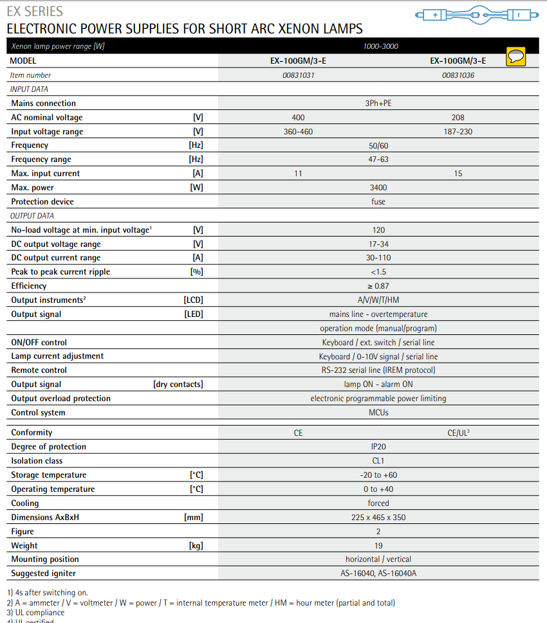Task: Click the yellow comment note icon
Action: pos(515,57)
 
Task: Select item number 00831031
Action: pos(298,75)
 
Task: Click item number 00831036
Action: pos(458,75)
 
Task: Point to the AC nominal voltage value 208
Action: pos(458,118)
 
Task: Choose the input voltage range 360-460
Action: pos(298,132)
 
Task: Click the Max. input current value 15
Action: pos(458,174)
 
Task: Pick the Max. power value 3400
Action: pos(378,188)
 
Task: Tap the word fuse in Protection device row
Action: pos(378,202)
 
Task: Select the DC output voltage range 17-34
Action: pos(378,244)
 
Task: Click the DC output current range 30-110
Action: pos(378,258)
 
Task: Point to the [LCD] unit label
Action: pos(193,300)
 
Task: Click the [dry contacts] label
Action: pos(178,384)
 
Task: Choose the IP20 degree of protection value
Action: pos(378,447)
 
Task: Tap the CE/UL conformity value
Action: pos(458,433)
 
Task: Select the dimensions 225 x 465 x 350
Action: pos(378,518)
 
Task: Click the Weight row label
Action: pos(24,546)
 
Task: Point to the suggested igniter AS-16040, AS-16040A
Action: pos(378,573)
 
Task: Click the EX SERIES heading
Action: pos(35,12)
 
